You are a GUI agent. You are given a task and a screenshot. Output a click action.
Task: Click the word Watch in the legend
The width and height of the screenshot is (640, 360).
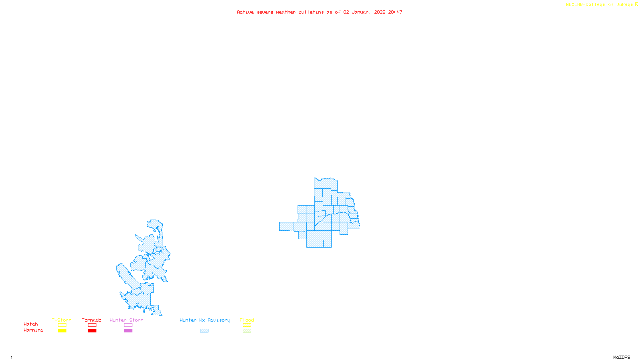tap(31, 324)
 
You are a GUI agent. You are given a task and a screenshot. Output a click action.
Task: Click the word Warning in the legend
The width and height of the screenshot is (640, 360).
tap(33, 330)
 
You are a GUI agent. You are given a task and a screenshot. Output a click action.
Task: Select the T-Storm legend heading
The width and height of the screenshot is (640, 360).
tap(62, 320)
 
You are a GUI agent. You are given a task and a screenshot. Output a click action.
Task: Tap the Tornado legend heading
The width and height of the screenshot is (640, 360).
tap(92, 320)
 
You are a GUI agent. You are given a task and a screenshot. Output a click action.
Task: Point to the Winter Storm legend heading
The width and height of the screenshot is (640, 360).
tap(126, 320)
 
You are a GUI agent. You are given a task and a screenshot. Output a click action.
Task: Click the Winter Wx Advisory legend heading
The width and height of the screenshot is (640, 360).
tap(205, 320)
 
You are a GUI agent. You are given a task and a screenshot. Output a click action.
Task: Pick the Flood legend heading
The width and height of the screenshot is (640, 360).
tap(247, 320)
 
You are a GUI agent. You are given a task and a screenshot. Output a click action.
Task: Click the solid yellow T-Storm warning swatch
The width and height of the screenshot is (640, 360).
tap(62, 331)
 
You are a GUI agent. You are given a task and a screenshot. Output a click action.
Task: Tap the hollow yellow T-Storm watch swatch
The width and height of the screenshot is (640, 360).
tap(62, 325)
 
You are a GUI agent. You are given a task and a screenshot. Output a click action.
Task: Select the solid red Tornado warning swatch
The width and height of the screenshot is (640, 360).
tap(92, 331)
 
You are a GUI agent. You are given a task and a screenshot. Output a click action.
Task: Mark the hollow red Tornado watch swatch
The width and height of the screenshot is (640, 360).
tap(92, 325)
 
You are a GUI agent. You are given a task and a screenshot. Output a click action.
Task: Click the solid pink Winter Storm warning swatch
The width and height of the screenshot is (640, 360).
tap(128, 331)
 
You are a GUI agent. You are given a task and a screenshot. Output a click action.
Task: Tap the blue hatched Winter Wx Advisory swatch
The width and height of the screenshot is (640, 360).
tap(204, 331)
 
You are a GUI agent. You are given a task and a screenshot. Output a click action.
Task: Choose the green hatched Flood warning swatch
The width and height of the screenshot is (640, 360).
tap(247, 331)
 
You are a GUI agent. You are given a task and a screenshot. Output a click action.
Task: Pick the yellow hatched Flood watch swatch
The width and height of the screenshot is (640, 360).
tap(247, 325)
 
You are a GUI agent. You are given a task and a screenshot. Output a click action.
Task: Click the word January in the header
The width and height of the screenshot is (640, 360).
tap(362, 12)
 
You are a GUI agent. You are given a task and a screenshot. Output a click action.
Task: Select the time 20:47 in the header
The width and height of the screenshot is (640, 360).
tap(395, 12)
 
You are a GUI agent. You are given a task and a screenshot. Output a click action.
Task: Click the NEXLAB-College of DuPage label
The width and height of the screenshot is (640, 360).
tap(600, 5)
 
